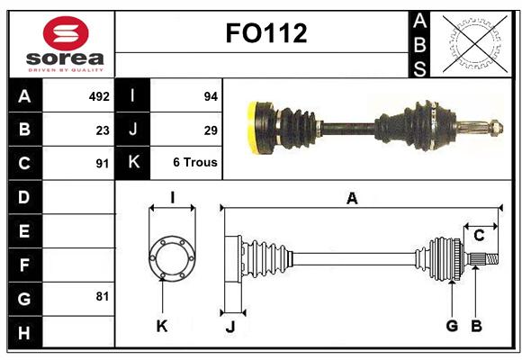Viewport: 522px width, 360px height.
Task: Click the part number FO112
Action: [266, 33]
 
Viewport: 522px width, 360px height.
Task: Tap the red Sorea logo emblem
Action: [66, 33]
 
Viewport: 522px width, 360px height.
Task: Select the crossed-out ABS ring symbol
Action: [475, 44]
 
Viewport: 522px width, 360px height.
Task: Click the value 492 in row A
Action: [99, 96]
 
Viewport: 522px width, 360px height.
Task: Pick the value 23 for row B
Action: [103, 130]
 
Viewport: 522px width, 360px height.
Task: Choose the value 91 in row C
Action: [103, 164]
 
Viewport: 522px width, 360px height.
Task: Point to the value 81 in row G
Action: [103, 296]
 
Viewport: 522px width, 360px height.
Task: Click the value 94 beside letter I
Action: [211, 96]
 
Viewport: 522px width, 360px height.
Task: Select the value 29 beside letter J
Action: [211, 130]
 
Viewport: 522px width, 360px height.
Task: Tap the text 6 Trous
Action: [195, 162]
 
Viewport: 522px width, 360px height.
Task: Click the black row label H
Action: [25, 332]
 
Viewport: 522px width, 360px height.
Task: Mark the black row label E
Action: [25, 230]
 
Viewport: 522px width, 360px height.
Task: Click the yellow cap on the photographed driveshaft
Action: [253, 128]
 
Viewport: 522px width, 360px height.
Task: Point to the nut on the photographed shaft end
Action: [497, 128]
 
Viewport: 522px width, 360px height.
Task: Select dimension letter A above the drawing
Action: [352, 199]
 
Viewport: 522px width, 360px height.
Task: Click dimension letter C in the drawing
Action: [479, 236]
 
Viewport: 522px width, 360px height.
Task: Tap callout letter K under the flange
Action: [162, 326]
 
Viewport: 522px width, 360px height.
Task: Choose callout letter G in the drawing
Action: [452, 326]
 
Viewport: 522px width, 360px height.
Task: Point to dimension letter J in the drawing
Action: [230, 327]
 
